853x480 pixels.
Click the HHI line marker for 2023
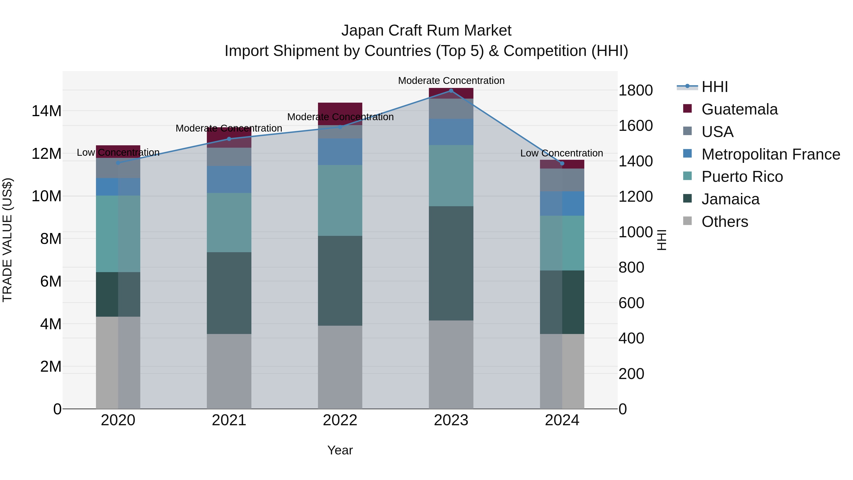pos(451,91)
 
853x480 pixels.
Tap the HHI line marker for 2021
pos(229,139)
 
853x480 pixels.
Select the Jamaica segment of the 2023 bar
pos(451,263)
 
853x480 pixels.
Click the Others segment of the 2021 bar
pos(229,371)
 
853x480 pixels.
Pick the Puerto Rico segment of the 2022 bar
pos(340,200)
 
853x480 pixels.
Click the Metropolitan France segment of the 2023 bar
pos(451,132)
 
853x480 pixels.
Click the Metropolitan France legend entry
pos(770,154)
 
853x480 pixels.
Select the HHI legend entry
pos(715,87)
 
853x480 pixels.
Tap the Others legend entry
pos(725,222)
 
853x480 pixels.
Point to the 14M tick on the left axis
pos(46,111)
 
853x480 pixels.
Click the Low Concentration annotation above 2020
pos(118,153)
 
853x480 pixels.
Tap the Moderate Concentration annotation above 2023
pos(451,81)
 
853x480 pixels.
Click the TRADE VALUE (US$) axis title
pos(7,240)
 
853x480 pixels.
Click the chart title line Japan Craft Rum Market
pos(426,31)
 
